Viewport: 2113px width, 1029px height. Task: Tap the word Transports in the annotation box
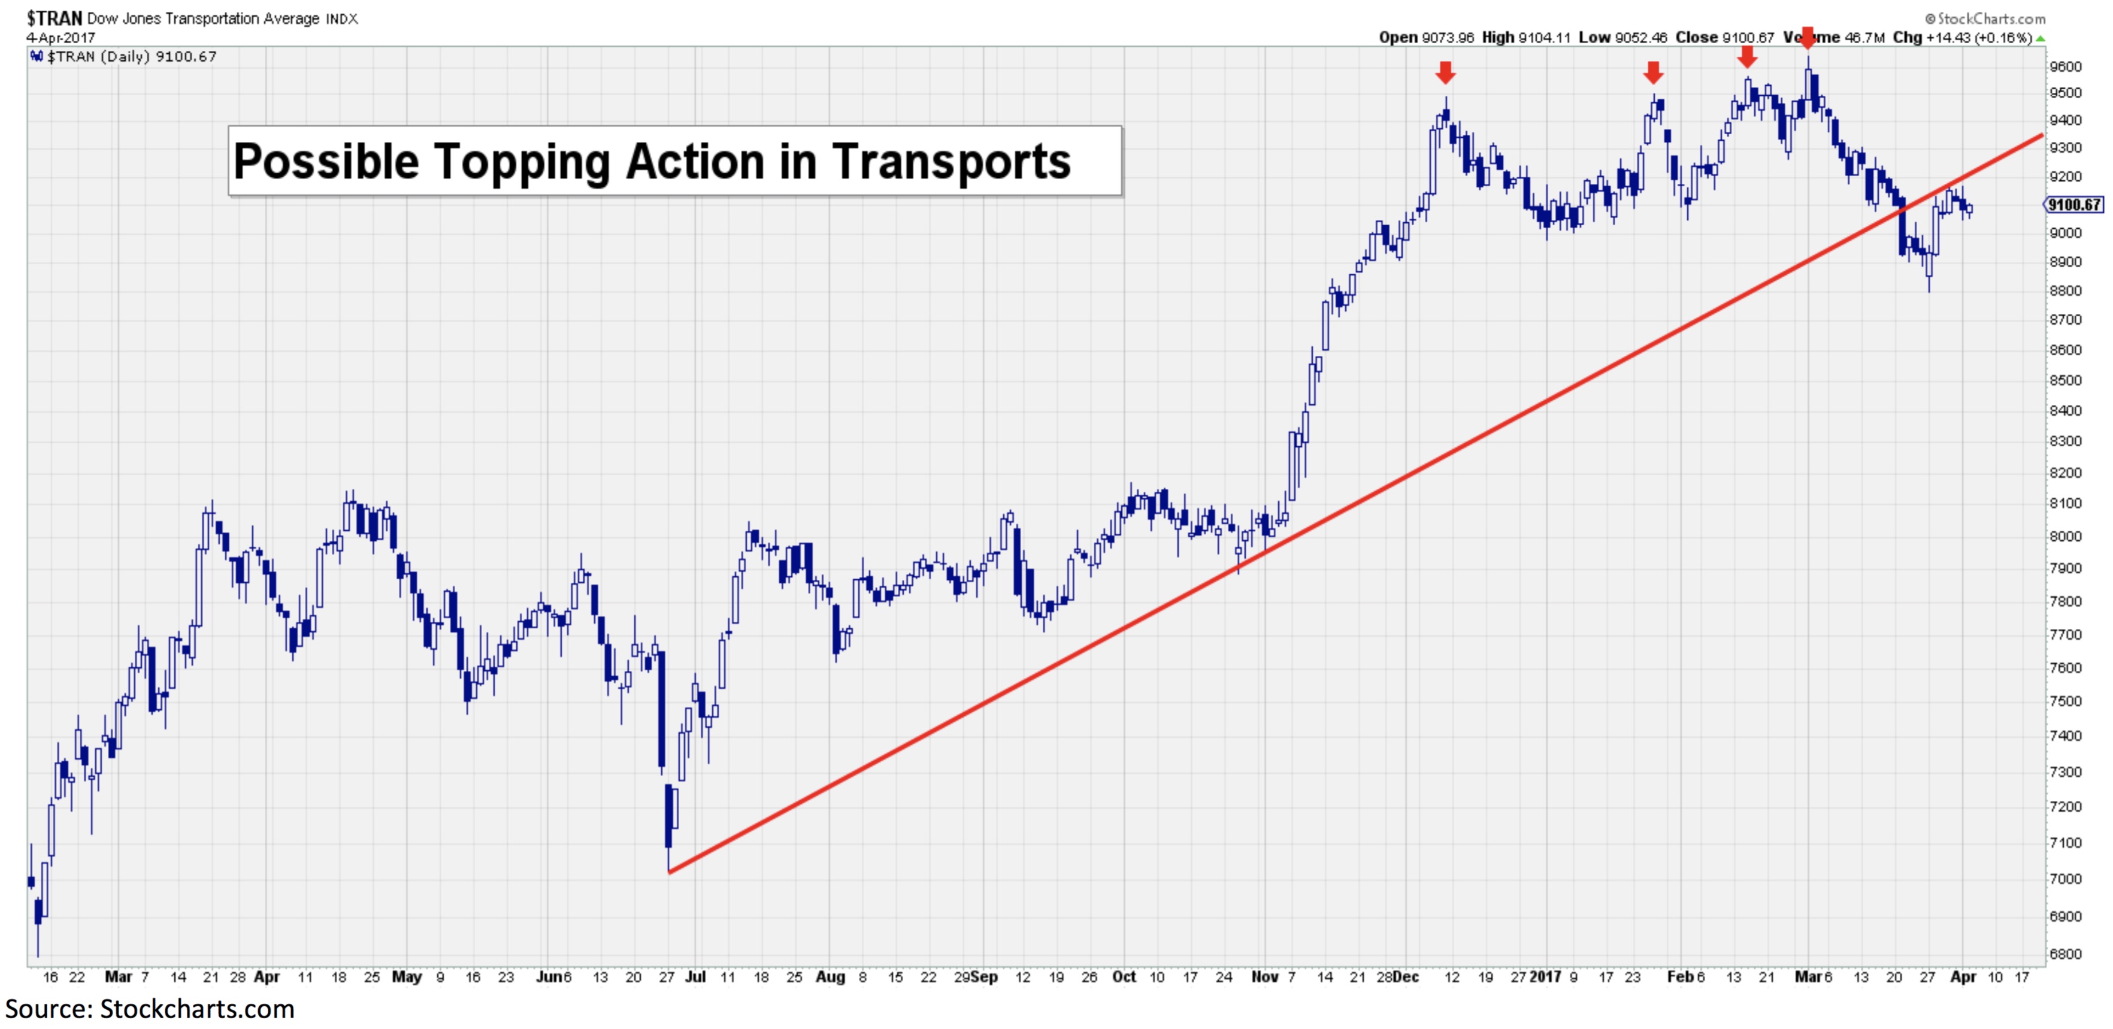(952, 162)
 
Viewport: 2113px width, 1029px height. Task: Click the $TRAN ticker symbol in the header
(54, 18)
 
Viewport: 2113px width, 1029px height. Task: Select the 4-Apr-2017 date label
(60, 38)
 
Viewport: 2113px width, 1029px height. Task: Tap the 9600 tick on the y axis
(2066, 67)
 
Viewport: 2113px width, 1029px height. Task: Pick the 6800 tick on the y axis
(2066, 954)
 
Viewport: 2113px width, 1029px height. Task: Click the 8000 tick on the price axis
(2066, 536)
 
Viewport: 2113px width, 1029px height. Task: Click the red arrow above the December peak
(1445, 72)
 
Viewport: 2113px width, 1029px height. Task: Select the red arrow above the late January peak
(1653, 72)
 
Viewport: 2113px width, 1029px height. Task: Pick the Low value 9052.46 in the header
(1640, 38)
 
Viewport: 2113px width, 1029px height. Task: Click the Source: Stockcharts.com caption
(149, 1009)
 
